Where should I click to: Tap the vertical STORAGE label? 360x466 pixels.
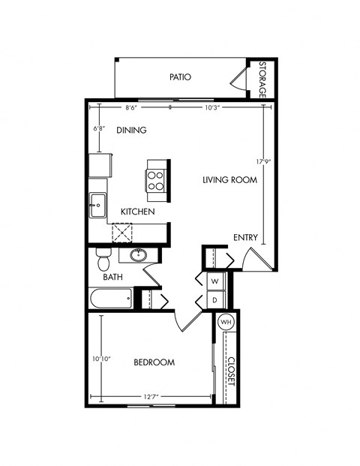[262, 79]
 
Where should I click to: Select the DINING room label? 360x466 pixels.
[131, 130]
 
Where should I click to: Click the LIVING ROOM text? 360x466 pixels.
[230, 180]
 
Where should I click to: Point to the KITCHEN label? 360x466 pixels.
[138, 212]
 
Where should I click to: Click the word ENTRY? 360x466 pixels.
[245, 238]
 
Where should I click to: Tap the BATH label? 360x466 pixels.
[112, 278]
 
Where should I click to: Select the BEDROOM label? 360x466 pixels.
[154, 362]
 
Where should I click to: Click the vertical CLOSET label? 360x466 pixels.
[230, 371]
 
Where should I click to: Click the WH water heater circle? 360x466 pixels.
[226, 322]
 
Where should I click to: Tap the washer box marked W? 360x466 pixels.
[214, 281]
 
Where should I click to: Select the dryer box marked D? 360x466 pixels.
[214, 299]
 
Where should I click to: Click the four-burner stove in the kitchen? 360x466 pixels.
[155, 180]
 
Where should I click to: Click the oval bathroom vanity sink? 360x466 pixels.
[138, 256]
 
